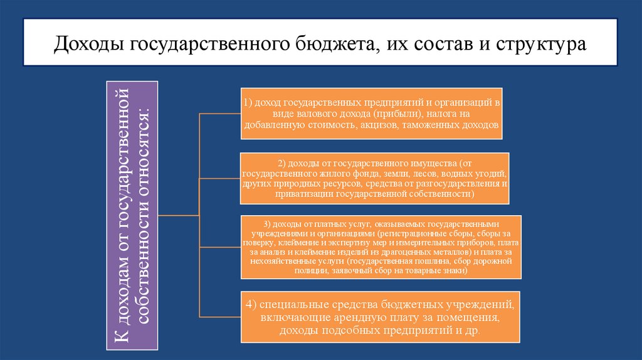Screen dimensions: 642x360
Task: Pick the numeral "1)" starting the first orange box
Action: [248, 102]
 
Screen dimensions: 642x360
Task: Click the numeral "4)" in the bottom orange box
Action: [252, 305]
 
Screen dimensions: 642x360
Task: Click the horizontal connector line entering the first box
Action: [219, 114]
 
